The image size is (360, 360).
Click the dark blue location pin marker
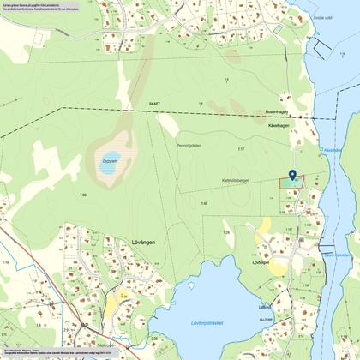point(292,176)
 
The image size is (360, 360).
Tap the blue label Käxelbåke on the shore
point(333,148)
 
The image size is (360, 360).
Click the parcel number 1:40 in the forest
point(204,203)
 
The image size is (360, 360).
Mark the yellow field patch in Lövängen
point(113,304)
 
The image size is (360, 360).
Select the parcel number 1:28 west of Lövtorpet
point(227,232)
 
